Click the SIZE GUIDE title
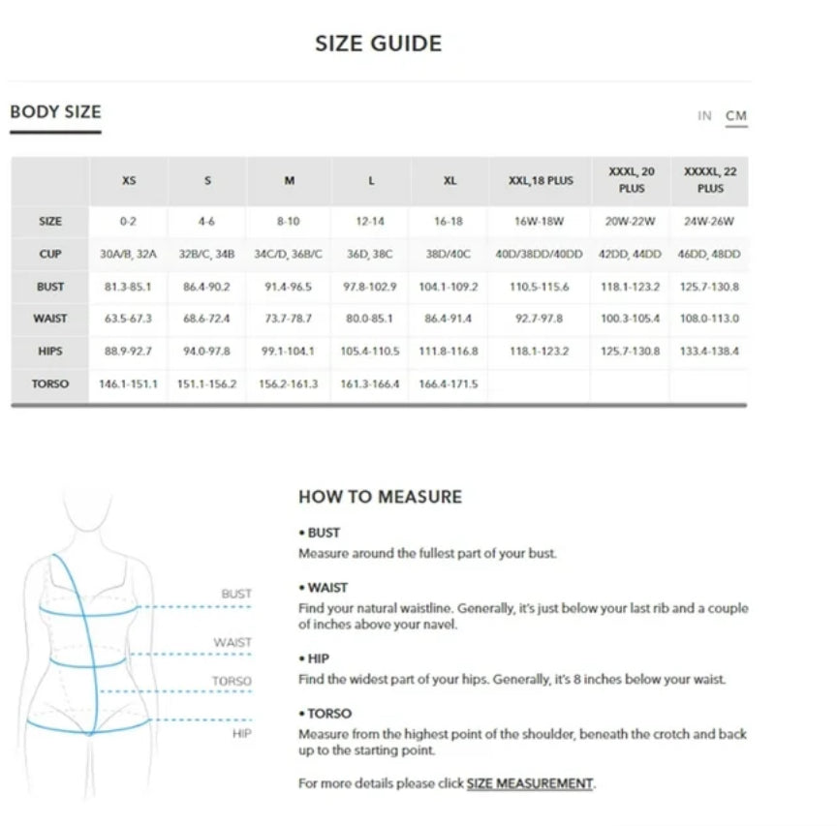point(378,44)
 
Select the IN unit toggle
point(704,116)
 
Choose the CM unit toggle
point(736,116)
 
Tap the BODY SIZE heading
point(55,112)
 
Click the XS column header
point(129,181)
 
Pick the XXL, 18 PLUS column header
point(541,181)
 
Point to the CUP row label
point(50,254)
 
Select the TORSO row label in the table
point(50,384)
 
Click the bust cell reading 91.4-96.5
point(288,287)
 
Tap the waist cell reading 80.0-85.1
point(370,319)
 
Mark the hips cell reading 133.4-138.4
point(710,352)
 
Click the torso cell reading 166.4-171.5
point(449,384)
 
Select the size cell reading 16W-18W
point(541,222)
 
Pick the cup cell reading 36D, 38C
point(370,254)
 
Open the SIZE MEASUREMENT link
point(529,783)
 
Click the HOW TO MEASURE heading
point(380,498)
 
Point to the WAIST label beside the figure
point(232,642)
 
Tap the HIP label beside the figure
point(241,734)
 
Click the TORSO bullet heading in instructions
point(328,714)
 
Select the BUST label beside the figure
point(235,594)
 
